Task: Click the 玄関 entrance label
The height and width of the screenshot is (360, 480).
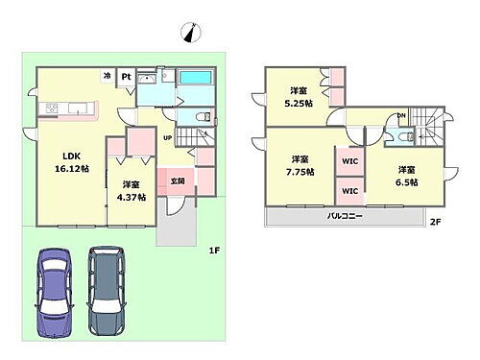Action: point(178,179)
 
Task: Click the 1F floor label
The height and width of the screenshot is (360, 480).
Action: point(214,251)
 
